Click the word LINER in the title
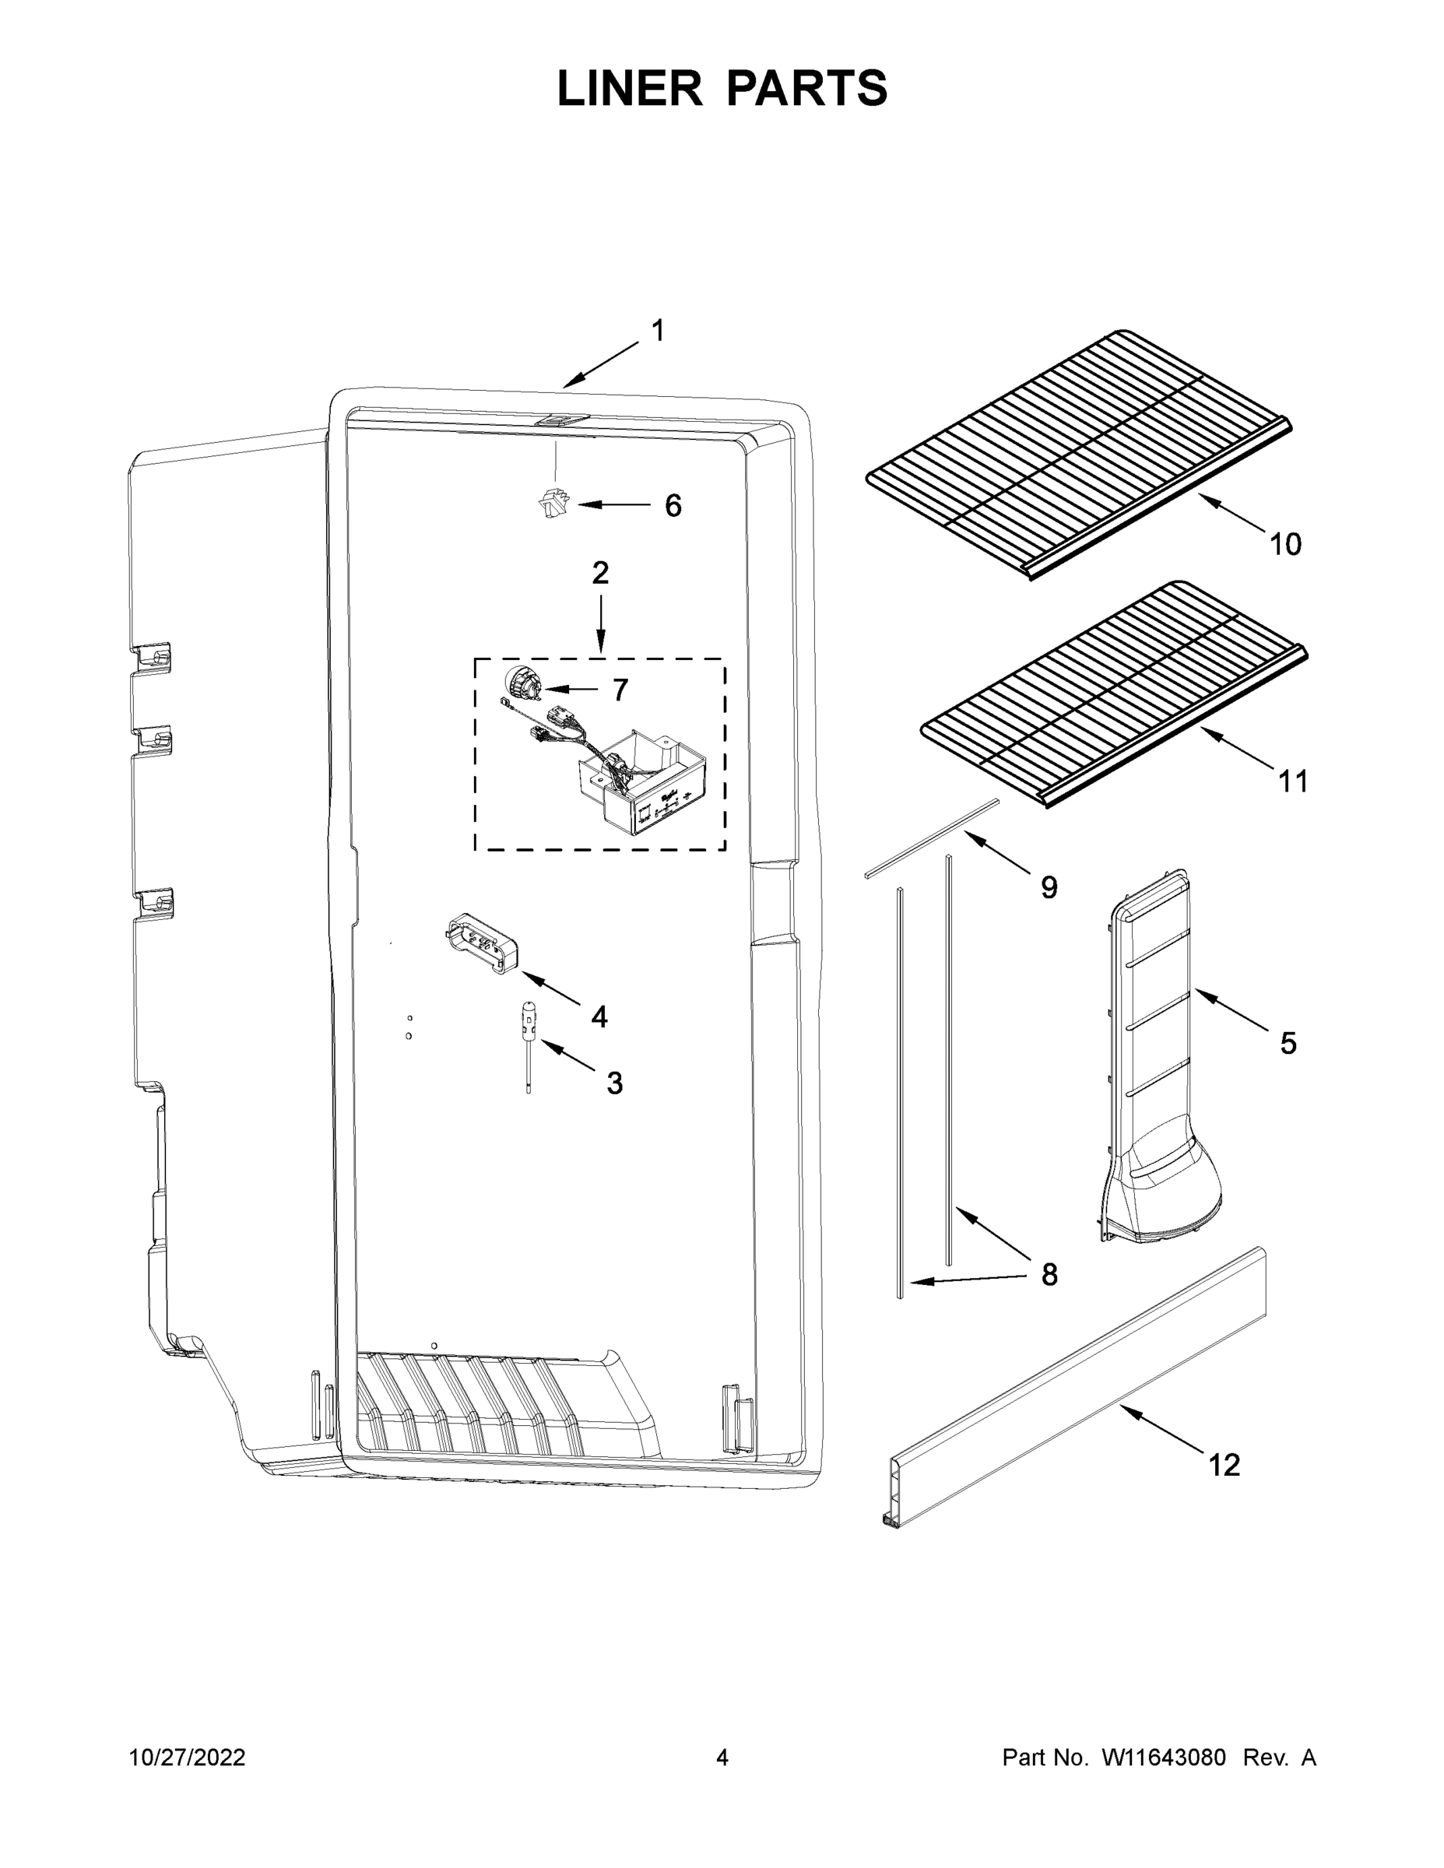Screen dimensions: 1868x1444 [630, 89]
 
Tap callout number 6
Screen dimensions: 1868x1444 [673, 507]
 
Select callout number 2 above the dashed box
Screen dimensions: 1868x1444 [600, 573]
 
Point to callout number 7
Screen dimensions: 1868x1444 [620, 690]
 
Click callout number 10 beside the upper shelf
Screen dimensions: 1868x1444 [1285, 544]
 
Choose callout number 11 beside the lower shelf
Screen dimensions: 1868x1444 [1292, 781]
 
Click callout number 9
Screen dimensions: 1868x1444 [1049, 888]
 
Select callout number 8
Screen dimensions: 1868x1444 [1049, 1274]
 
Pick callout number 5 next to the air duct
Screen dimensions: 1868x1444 [1288, 1044]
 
